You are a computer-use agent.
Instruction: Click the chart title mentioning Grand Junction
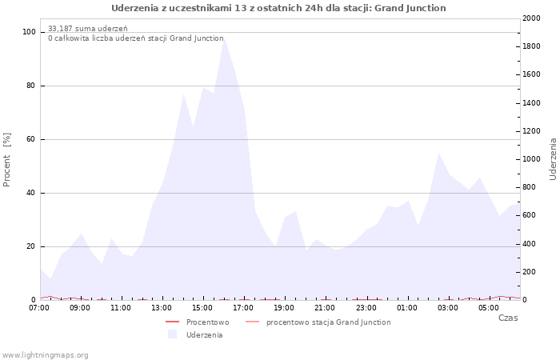[278, 8]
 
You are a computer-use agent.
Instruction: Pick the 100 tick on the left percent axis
[30, 32]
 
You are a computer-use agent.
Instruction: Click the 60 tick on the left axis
[31, 139]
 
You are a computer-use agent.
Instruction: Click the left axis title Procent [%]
[7, 159]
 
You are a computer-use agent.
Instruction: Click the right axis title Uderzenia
[553, 158]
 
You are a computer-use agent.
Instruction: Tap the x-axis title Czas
[507, 318]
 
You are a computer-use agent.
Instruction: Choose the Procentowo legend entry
[207, 322]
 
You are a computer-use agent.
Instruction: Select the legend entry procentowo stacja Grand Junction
[328, 322]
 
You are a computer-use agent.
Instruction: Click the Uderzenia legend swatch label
[204, 335]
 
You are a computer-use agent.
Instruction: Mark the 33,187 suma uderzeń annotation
[87, 29]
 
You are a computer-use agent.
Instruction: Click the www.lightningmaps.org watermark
[46, 355]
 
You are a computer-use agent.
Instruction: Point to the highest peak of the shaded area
[223, 36]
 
